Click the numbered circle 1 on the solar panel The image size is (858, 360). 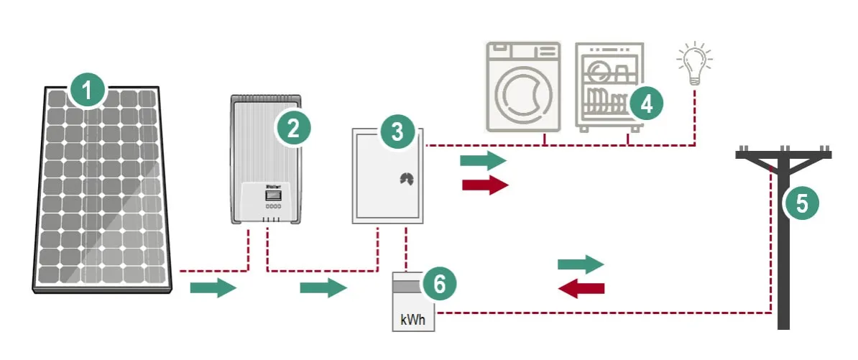point(88,91)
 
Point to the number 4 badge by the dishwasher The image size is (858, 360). point(645,104)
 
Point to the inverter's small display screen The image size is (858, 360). point(274,195)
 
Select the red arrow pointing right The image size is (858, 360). point(485,184)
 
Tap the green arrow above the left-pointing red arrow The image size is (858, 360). point(581,264)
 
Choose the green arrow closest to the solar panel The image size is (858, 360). point(213,289)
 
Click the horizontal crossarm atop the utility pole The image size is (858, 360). point(783,154)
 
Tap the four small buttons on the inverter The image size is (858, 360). point(274,206)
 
